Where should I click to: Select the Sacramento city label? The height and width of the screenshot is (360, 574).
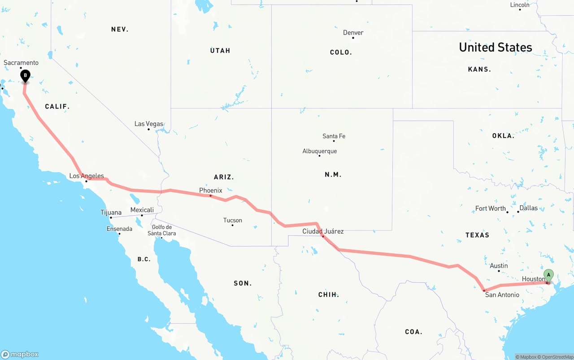coord(21,63)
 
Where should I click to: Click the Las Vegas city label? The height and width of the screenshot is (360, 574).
coord(149,124)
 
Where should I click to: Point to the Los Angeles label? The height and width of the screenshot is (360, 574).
coord(87,176)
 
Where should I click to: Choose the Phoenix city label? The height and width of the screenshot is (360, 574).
coord(211,191)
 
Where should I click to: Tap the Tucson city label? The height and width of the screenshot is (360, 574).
coord(233,220)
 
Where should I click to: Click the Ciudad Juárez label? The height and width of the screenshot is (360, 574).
coord(323,231)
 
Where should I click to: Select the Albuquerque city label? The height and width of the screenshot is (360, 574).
coord(319,151)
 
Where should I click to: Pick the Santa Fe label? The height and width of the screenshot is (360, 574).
coord(334,136)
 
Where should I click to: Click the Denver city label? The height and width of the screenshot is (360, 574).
coord(353,33)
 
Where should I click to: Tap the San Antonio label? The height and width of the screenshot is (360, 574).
coord(502,295)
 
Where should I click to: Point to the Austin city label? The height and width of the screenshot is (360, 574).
coord(499,266)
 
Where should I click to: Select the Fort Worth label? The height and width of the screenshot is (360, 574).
coord(491,208)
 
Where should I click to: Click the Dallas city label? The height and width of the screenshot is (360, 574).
coord(529,208)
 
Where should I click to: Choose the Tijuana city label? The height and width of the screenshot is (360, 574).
coord(111,213)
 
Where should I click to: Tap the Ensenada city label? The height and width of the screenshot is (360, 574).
coord(119,229)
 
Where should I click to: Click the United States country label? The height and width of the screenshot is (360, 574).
coord(496,47)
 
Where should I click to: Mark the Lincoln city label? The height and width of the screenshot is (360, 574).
coord(520,5)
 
